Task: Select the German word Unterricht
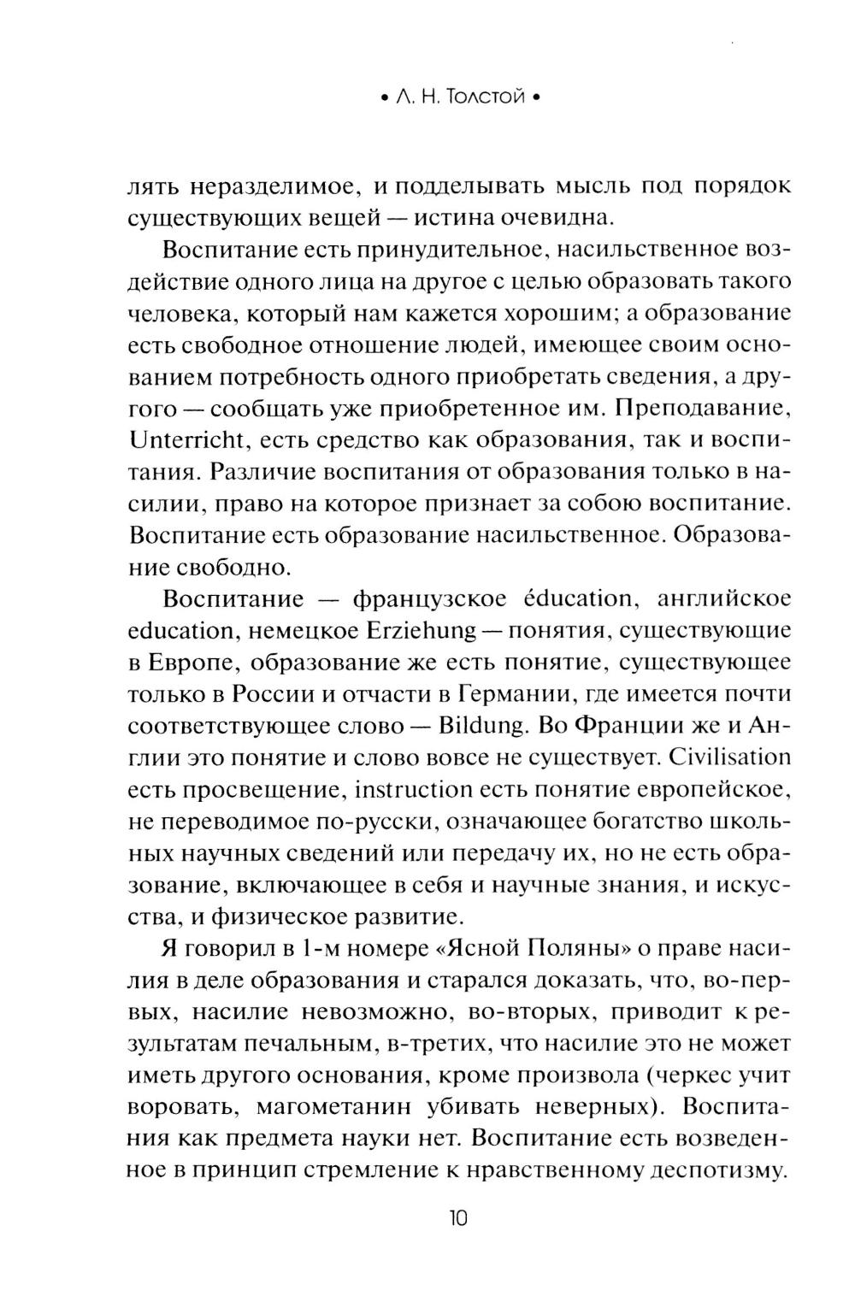184,441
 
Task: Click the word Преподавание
699,409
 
